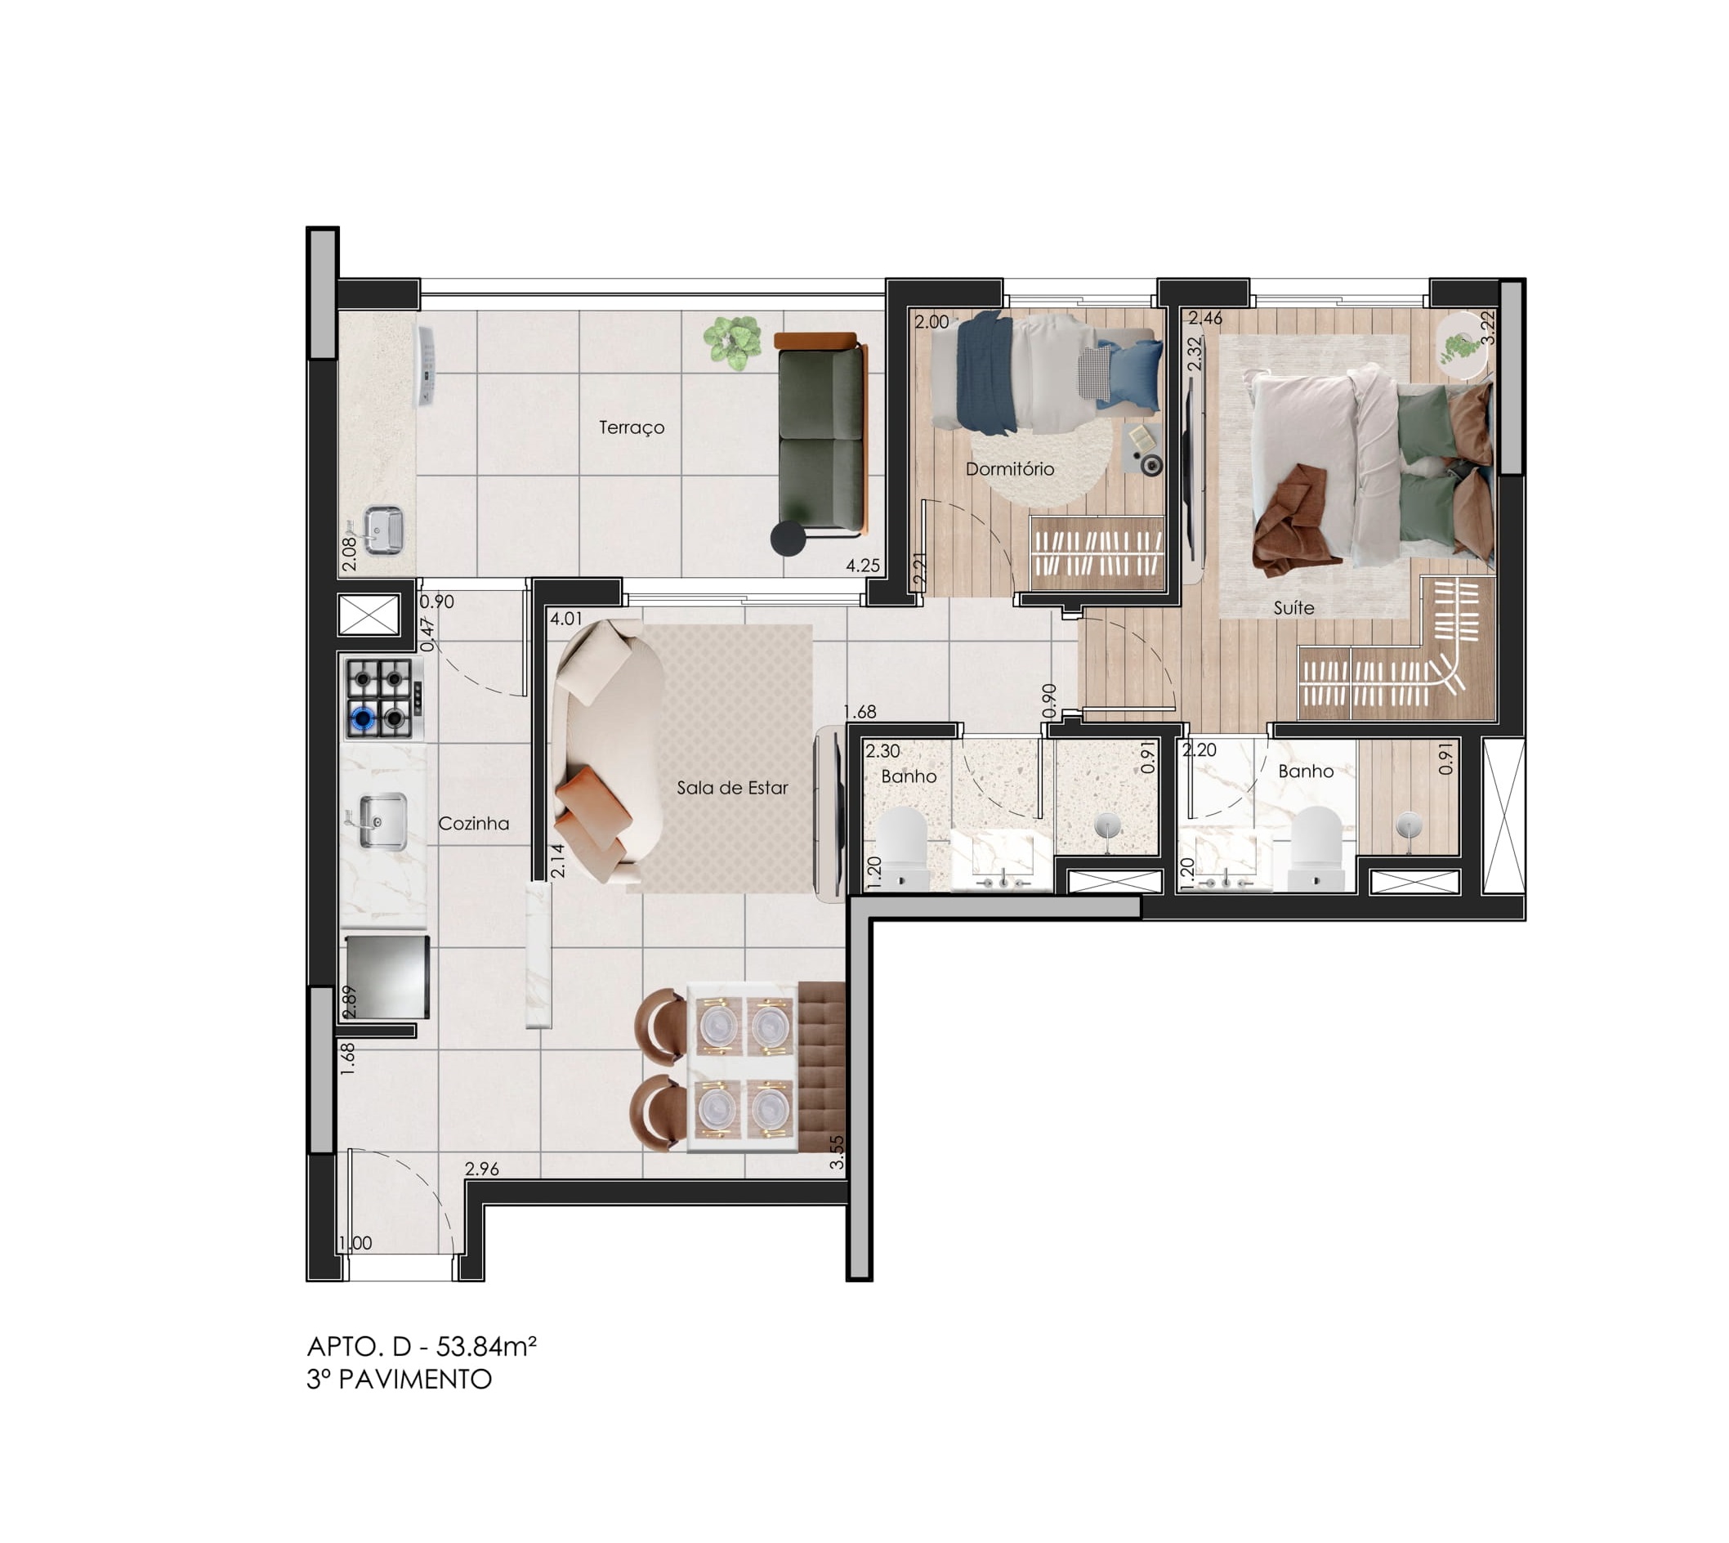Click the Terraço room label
coord(632,427)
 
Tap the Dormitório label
coord(1009,469)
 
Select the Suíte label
coord(1293,608)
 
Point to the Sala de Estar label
coord(732,788)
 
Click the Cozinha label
coord(474,823)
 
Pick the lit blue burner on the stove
coord(364,719)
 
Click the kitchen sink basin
coord(382,821)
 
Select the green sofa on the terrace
coord(821,435)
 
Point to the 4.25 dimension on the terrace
coord(863,566)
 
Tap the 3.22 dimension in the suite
coord(1487,327)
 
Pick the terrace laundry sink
coord(383,530)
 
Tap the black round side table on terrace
coord(789,539)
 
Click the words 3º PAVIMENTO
coord(400,1380)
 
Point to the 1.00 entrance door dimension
coord(355,1243)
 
